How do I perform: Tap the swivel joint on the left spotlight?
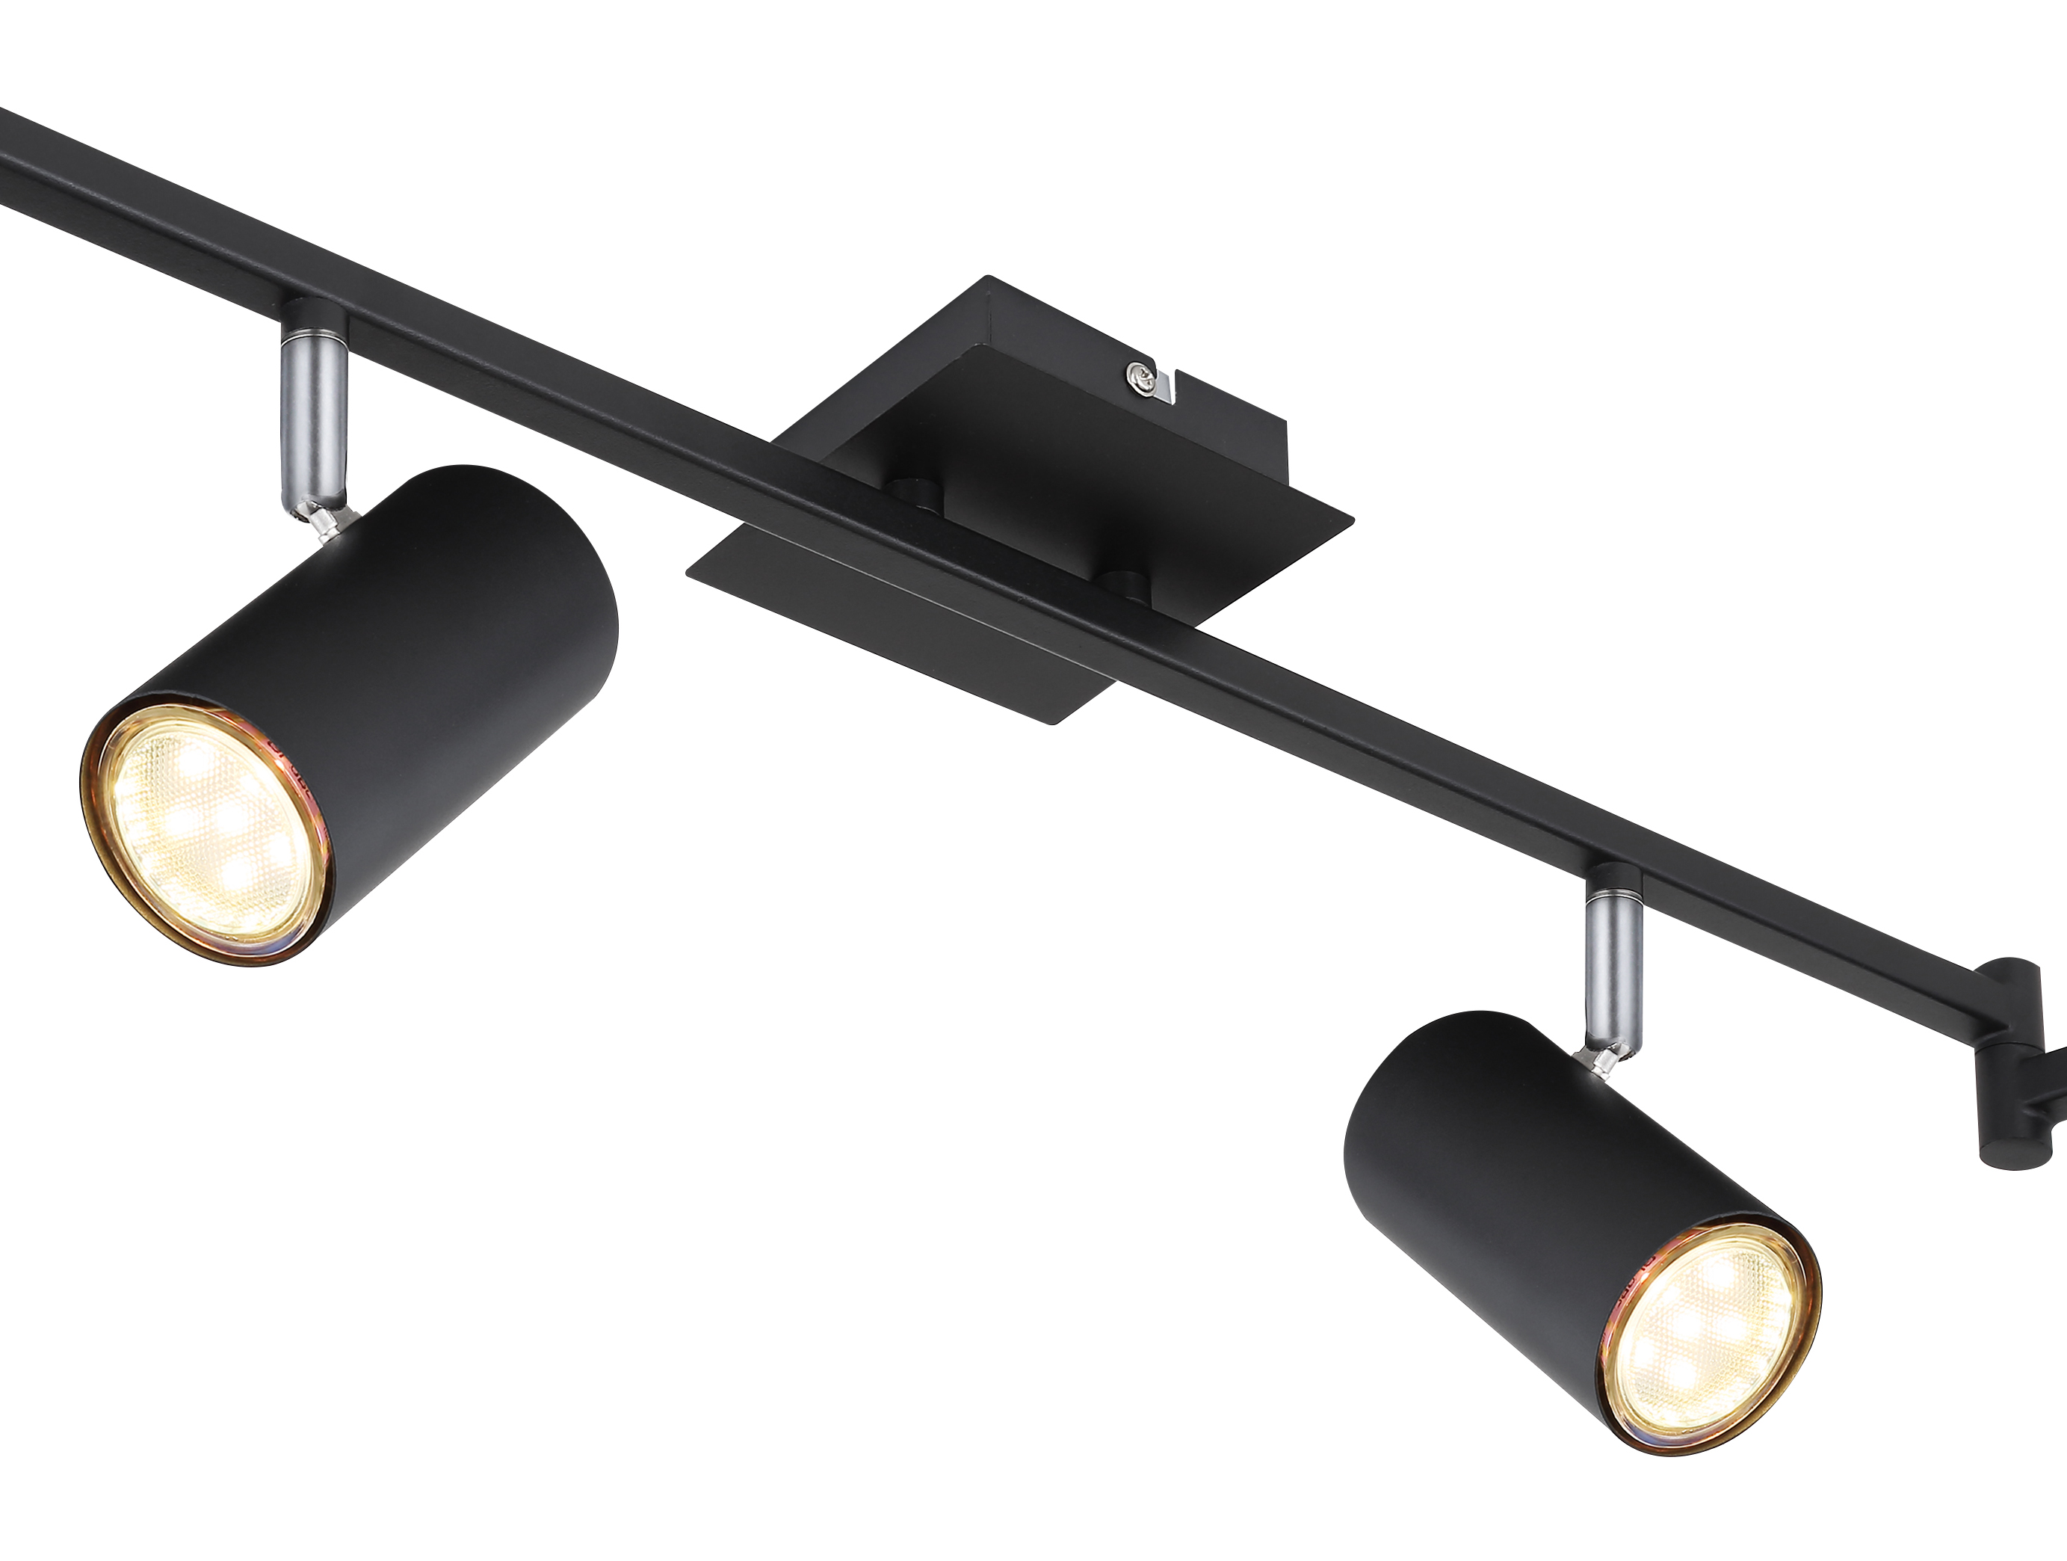[322, 519]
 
